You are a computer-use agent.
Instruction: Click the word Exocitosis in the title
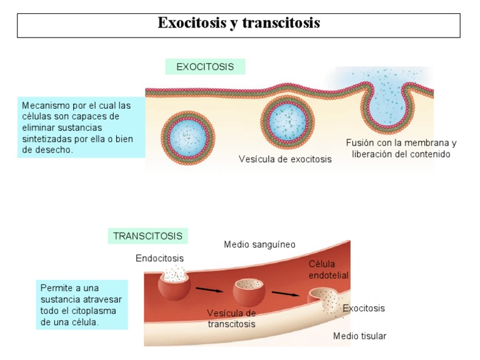(x=192, y=23)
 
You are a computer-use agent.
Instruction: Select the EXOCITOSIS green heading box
(x=205, y=67)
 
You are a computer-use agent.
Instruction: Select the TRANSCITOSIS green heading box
(x=147, y=236)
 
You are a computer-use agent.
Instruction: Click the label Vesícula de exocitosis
(x=285, y=159)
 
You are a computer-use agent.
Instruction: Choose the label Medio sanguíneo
(x=259, y=244)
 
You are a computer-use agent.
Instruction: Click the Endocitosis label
(x=159, y=258)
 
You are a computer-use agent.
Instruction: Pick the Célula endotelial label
(x=328, y=269)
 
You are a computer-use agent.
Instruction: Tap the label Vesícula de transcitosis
(x=231, y=318)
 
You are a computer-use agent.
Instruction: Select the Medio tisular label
(x=359, y=336)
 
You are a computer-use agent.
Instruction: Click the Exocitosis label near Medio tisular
(x=364, y=308)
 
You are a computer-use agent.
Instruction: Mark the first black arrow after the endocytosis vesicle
(x=209, y=289)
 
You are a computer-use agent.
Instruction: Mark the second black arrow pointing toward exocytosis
(x=285, y=293)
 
